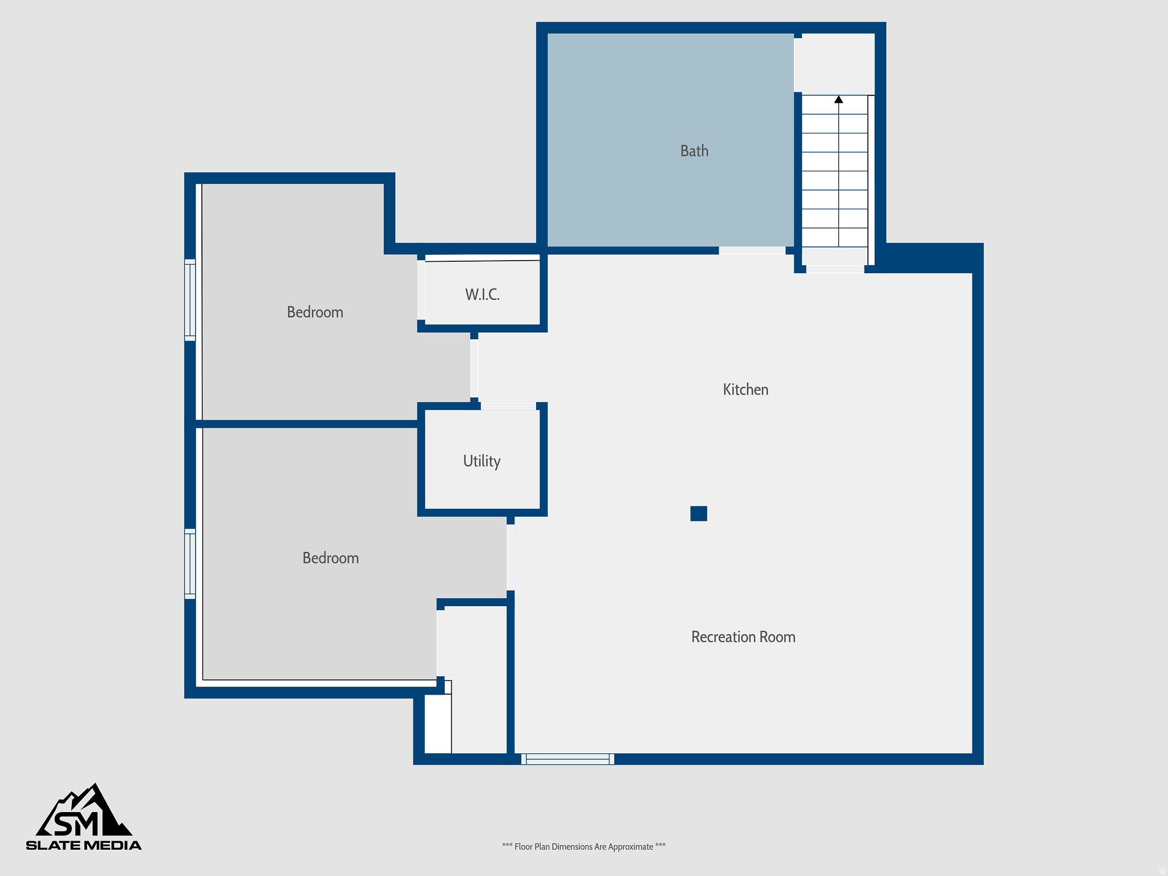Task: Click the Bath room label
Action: tap(694, 151)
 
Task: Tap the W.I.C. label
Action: tap(482, 295)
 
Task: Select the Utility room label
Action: tap(481, 461)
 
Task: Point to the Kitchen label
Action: tap(745, 390)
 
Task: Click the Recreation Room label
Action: tap(743, 637)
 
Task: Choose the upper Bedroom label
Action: tap(315, 313)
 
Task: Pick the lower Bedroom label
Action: tap(330, 558)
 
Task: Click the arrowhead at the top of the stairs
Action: tap(838, 99)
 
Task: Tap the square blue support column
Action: tap(699, 513)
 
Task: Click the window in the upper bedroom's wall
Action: tap(190, 300)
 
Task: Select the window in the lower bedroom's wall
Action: tap(190, 563)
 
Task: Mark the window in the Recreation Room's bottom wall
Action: tap(567, 759)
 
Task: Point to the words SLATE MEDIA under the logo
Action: tap(84, 845)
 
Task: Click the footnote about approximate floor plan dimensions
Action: tap(583, 846)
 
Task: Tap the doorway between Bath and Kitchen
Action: tap(752, 250)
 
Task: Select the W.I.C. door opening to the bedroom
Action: tap(421, 290)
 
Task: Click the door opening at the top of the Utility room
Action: tap(508, 406)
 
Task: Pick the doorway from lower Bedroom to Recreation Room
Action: tap(510, 557)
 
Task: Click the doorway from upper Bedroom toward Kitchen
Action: tap(474, 368)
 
